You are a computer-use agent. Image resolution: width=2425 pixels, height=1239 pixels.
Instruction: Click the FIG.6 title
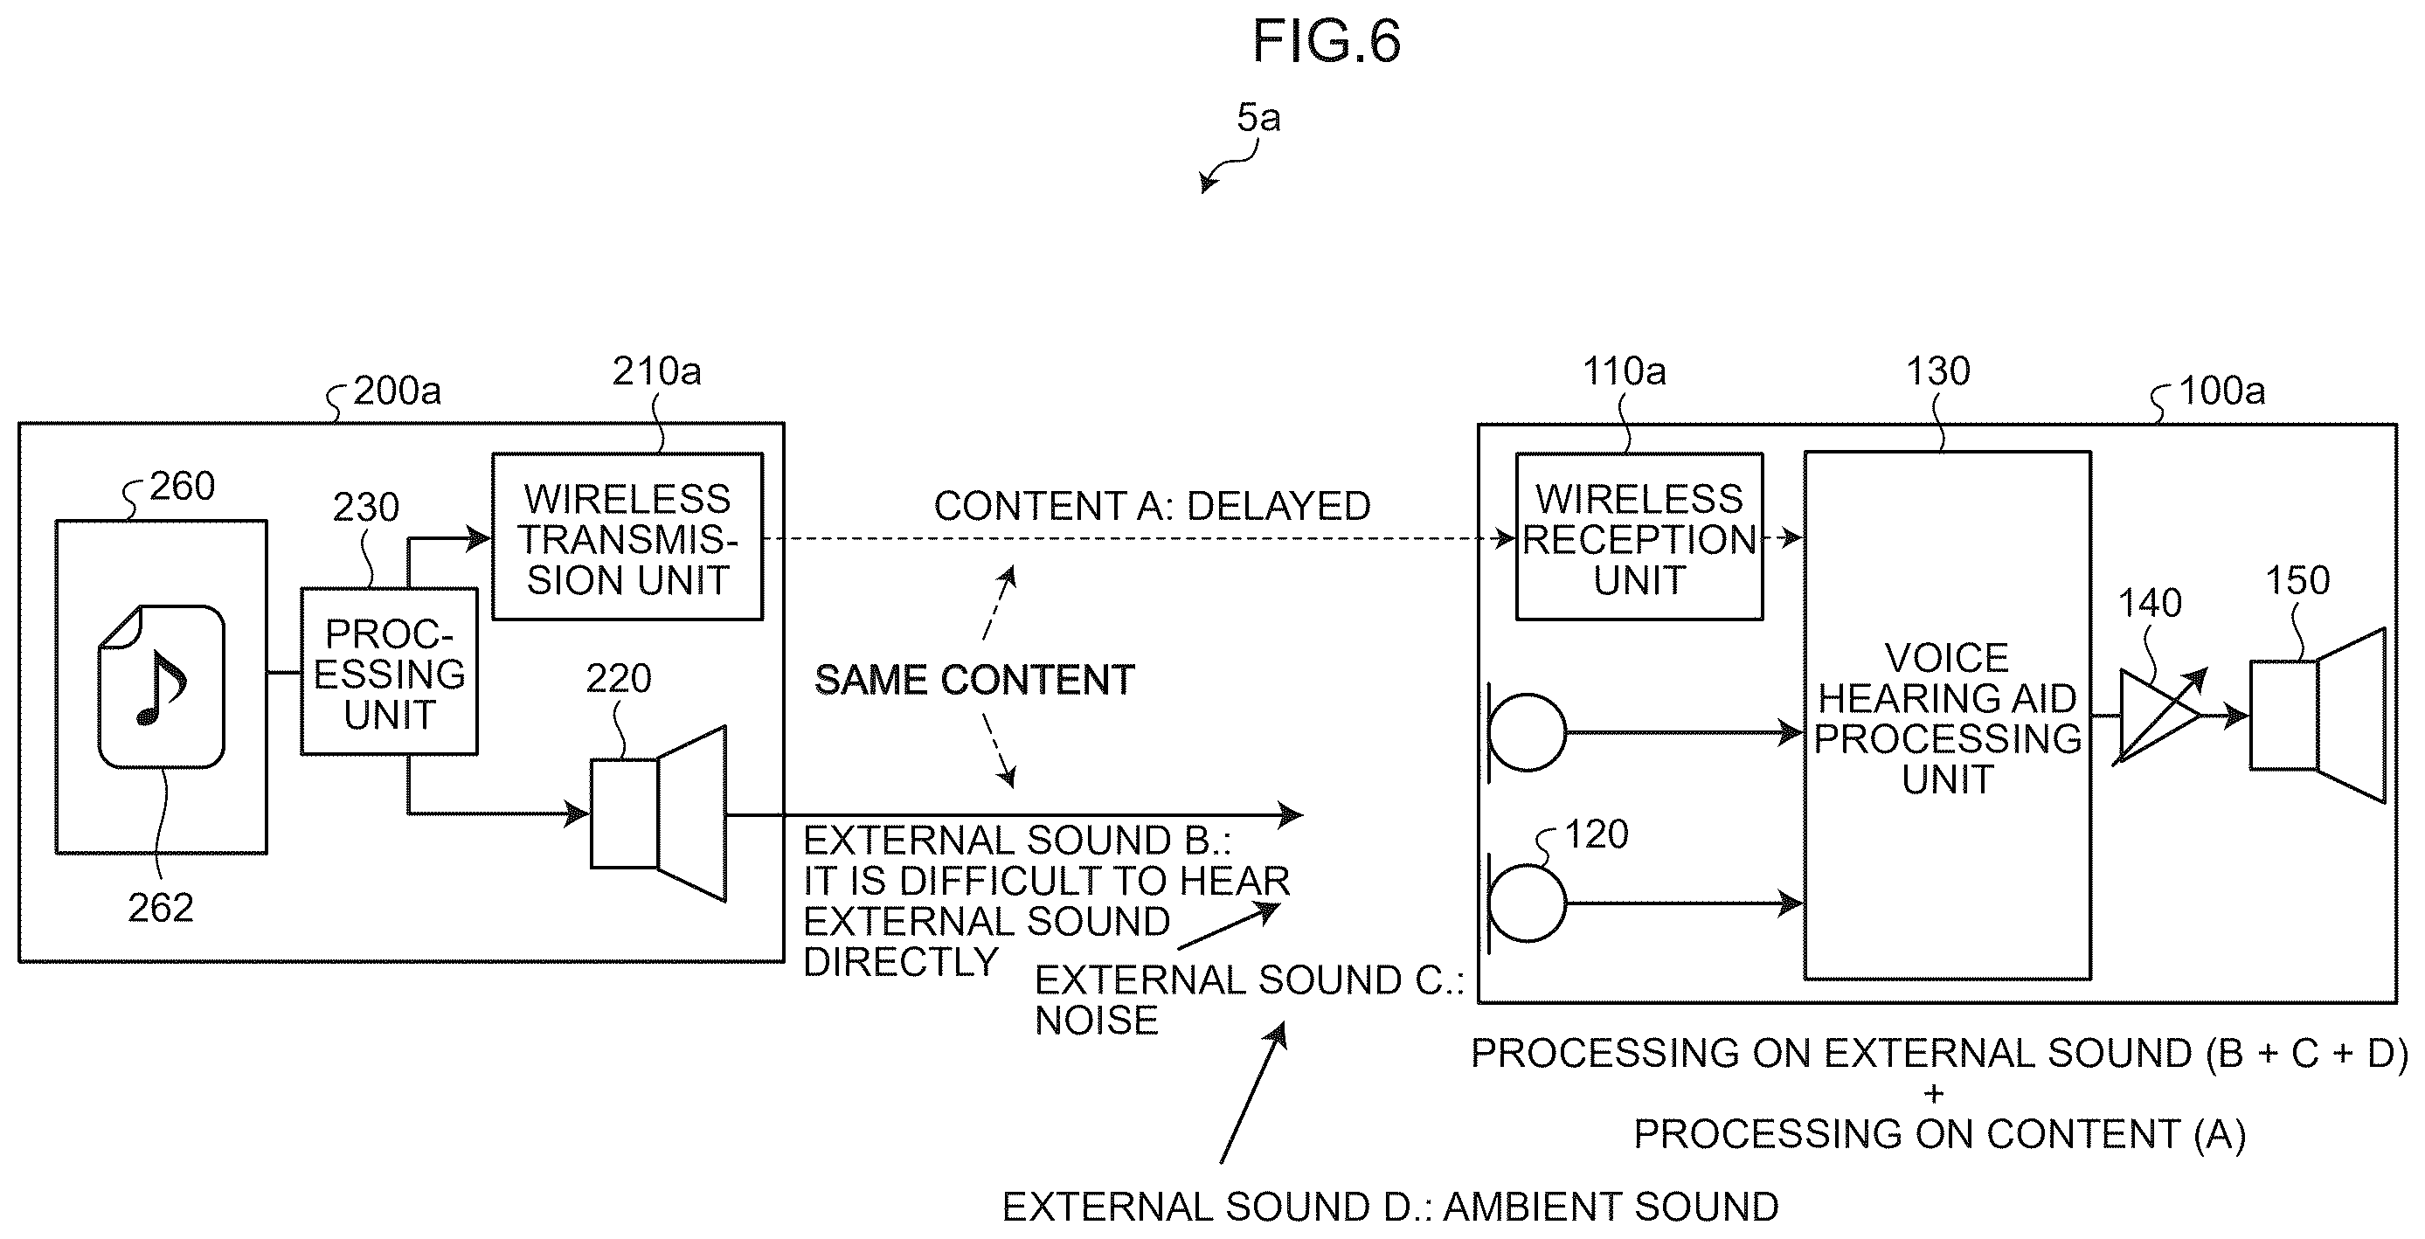pos(1326,41)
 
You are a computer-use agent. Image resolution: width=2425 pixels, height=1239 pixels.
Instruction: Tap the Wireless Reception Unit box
pos(1639,536)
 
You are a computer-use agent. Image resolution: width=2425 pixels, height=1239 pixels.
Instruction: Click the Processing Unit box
pos(389,671)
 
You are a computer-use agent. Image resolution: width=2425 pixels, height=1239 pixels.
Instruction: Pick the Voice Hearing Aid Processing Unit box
pos(1948,716)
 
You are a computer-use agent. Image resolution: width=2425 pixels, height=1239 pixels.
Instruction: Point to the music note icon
pos(162,687)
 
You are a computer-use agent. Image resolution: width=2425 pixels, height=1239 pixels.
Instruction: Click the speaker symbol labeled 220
pos(659,813)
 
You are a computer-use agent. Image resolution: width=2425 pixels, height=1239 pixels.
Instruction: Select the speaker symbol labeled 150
pos(2317,716)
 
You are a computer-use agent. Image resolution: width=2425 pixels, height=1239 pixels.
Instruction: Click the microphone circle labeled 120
pos(1528,903)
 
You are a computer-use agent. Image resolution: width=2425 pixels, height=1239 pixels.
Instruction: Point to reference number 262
pos(160,908)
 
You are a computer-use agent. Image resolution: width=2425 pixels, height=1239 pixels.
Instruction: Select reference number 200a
pos(397,391)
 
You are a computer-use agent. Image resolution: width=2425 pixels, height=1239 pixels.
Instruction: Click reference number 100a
pos(2221,391)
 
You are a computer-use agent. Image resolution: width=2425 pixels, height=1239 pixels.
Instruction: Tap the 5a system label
pos(1258,118)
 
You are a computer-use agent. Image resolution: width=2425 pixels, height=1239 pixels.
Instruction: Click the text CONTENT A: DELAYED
pos(1151,507)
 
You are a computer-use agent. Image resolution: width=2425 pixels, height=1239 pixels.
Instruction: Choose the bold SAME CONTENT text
pos(974,680)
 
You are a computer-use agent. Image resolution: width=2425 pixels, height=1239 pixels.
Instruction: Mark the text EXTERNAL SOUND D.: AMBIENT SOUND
pos(1389,1206)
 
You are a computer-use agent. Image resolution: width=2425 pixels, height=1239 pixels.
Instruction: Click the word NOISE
pos(1097,1021)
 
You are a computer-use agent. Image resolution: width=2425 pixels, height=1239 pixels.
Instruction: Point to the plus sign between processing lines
pos(1934,1094)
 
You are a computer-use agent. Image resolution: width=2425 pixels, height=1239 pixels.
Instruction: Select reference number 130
pos(1937,372)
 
